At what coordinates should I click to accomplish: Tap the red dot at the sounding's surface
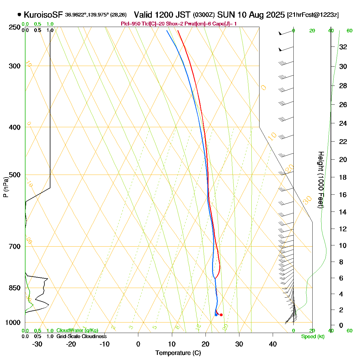[221, 315]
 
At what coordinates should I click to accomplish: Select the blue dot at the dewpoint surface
[216, 315]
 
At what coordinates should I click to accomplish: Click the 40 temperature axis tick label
[273, 344]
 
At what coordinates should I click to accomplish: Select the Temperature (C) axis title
[178, 353]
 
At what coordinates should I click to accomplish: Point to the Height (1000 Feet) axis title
[321, 180]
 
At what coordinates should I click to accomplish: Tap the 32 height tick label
[343, 47]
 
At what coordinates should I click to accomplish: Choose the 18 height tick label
[343, 177]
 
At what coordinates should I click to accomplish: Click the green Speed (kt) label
[313, 337]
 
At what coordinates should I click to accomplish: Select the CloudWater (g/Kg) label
[77, 331]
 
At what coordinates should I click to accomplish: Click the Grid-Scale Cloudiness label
[81, 337]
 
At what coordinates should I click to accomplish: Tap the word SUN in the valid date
[226, 14]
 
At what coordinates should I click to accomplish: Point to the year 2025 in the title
[274, 14]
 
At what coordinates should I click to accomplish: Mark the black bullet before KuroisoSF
[19, 14]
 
